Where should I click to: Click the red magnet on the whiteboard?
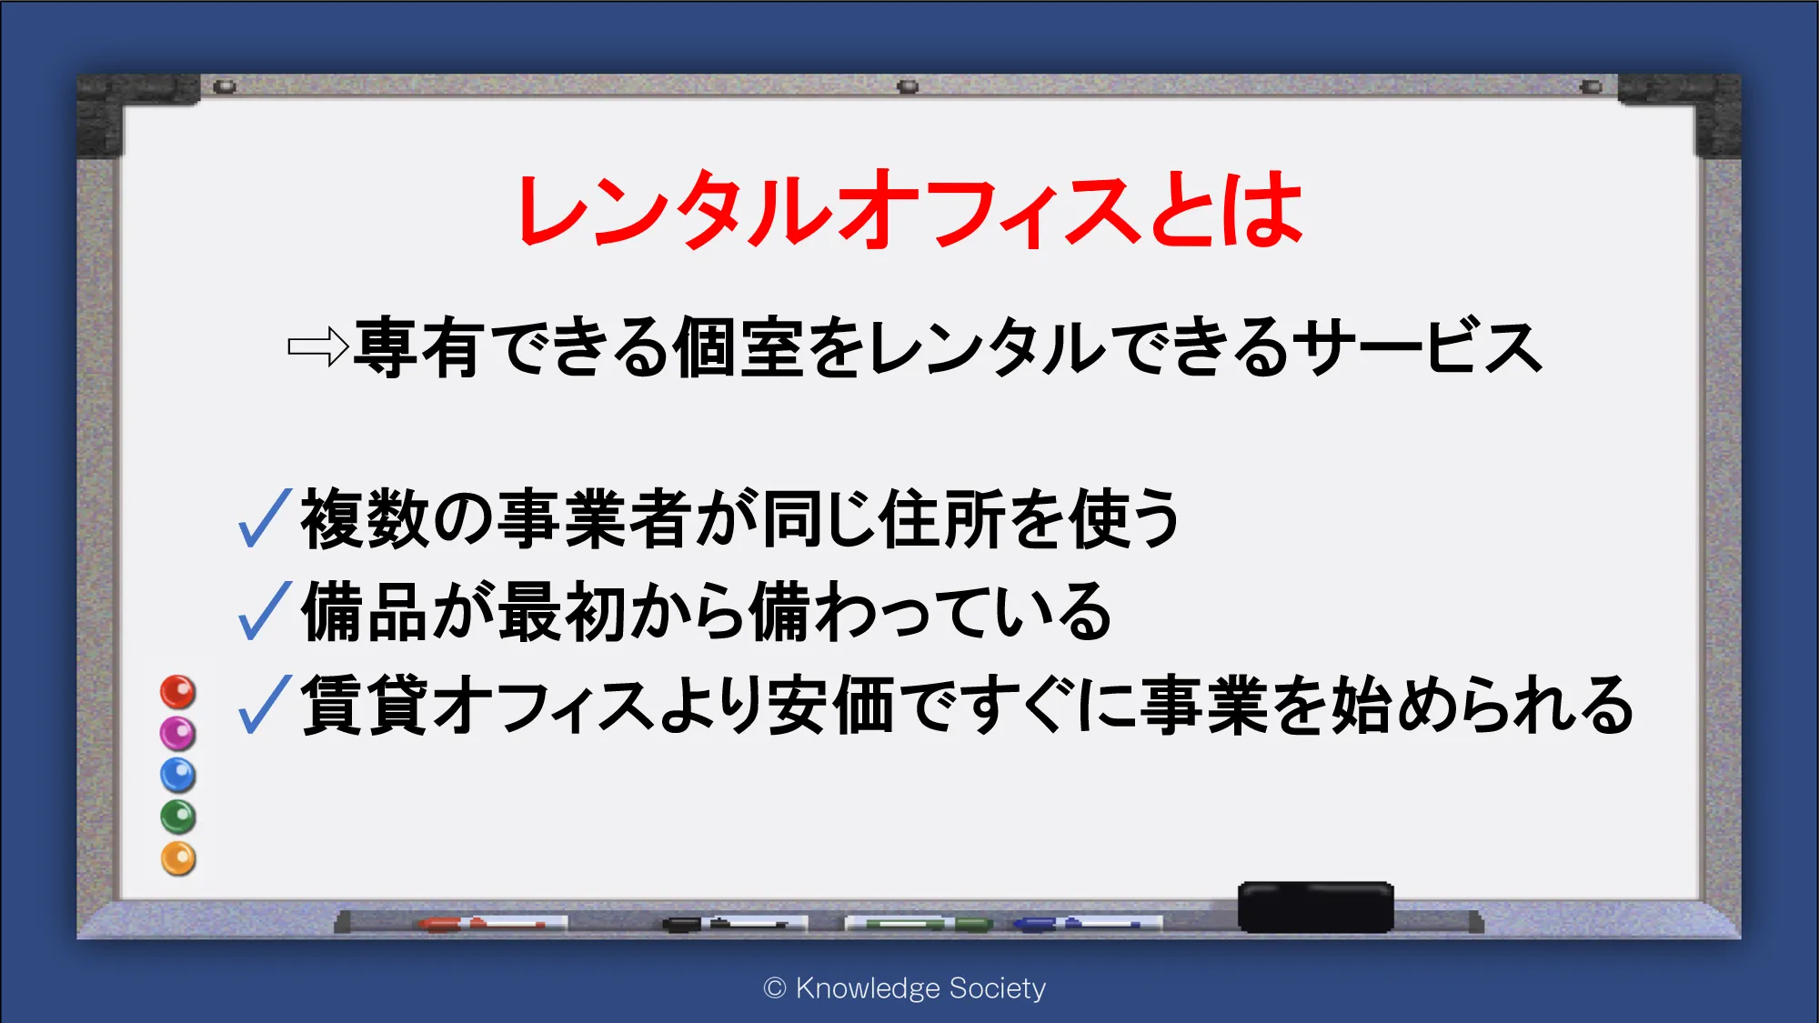point(178,692)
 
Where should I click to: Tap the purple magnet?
point(178,734)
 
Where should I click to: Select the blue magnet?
point(178,776)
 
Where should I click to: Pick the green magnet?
point(178,817)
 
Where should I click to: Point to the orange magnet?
point(178,859)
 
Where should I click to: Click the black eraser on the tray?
point(1315,907)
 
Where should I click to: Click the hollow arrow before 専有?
point(317,346)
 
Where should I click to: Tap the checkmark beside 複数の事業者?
point(265,517)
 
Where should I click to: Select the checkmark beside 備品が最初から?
point(265,610)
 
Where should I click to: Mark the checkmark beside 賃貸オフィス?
point(265,704)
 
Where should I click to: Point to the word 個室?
point(739,346)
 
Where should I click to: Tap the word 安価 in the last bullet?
point(831,705)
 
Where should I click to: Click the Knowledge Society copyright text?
point(905,988)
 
